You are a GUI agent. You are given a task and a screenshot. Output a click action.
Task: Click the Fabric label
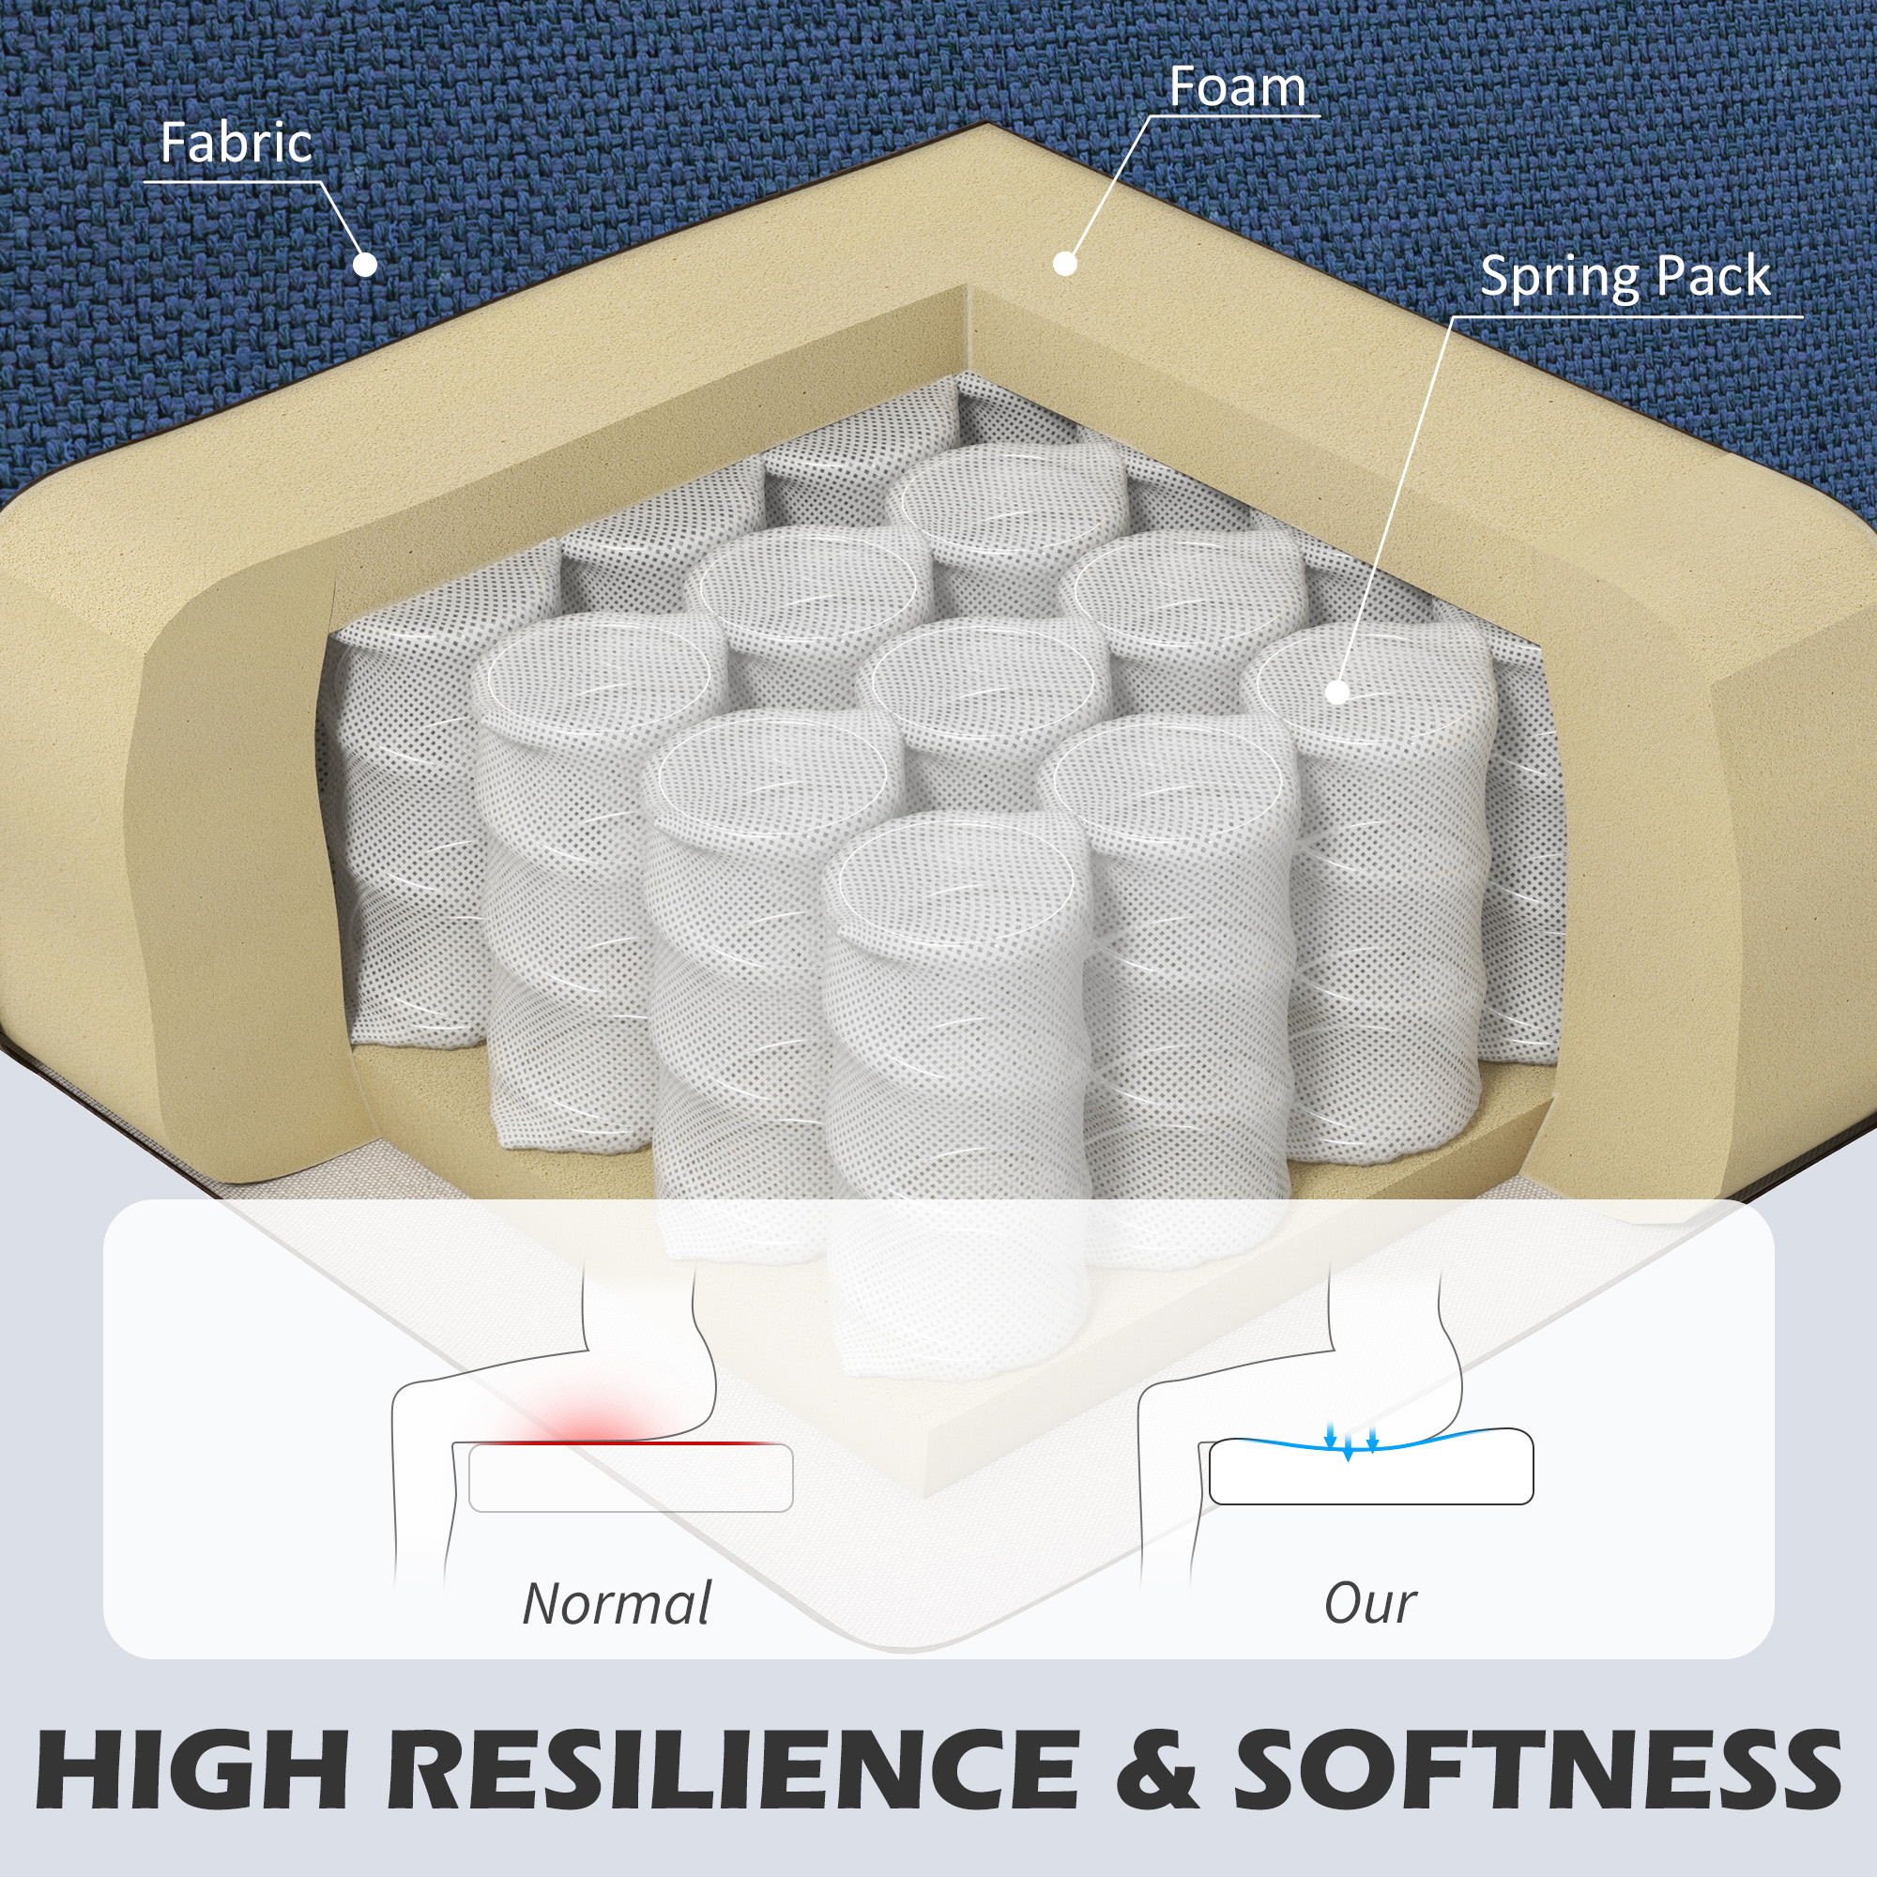coord(237,144)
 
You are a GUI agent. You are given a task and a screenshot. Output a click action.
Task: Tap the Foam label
coord(1237,87)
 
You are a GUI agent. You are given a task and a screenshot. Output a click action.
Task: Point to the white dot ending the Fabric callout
coord(364,265)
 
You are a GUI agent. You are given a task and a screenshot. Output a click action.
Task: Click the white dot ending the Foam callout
coord(1065,264)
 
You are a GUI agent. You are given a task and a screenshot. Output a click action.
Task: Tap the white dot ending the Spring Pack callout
coord(1337,692)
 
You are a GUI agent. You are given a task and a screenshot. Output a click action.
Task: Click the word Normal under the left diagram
coord(617,1604)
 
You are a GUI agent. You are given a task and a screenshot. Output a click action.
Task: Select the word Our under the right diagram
coord(1370,1604)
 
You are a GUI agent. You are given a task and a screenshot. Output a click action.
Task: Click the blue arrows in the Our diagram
coord(1351,1441)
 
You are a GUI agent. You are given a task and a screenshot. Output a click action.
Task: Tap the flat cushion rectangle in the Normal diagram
coord(631,1479)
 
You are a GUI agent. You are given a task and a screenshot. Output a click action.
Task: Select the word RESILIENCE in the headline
coord(734,1768)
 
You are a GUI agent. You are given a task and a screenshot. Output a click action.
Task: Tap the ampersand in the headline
coord(1155,1768)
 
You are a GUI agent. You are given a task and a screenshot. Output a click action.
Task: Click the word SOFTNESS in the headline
coord(1537,1768)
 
